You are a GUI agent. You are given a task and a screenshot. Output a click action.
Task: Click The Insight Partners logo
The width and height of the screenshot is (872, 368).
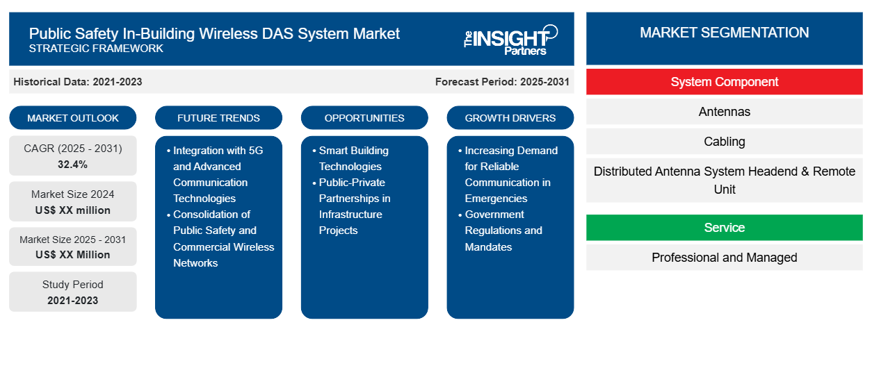point(510,40)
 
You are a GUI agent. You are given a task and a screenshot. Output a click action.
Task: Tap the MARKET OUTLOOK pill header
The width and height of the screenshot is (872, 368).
point(73,118)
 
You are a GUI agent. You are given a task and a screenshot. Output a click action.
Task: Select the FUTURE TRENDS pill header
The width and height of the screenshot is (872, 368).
point(218,118)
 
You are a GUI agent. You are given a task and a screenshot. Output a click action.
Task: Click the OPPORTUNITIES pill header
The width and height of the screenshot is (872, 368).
point(364,118)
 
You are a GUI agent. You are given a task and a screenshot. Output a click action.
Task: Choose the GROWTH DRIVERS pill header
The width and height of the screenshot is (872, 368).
point(510,118)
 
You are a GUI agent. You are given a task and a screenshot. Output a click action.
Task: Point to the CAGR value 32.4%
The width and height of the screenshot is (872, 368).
point(73,165)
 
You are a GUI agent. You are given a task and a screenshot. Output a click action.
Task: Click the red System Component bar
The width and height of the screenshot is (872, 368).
point(724,82)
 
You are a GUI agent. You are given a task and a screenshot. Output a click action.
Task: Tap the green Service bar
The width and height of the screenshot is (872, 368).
point(724,227)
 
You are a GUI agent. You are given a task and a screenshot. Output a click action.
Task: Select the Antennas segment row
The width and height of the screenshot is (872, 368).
point(724,112)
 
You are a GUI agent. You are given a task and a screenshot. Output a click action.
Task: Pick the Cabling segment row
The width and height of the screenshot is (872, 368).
point(724,142)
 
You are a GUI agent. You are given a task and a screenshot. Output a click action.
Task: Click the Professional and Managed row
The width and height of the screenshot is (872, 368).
point(724,257)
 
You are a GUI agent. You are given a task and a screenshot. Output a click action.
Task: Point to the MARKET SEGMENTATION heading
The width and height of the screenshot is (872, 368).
point(724,33)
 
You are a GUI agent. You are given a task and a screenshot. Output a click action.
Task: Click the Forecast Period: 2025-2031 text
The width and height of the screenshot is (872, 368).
point(502,82)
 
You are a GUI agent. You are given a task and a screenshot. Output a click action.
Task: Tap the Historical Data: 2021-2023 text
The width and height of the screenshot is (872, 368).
point(78,82)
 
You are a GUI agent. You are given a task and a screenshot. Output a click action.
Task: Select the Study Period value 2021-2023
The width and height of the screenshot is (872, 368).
point(73,301)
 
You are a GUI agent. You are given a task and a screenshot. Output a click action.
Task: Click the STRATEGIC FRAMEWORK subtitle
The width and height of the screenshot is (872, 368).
point(96,49)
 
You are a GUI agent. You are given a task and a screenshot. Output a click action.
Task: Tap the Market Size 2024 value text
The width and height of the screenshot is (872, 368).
point(73,210)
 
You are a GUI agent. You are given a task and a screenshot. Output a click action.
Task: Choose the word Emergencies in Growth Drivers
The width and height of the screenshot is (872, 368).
point(496,198)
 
